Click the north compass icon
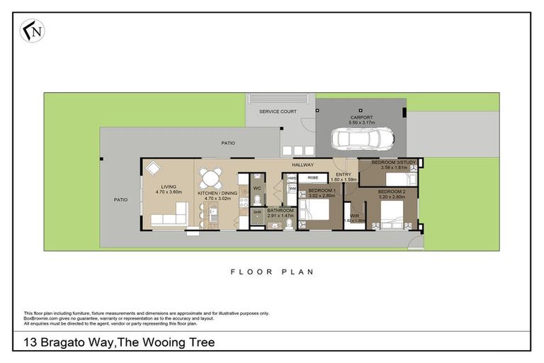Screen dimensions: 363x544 click(x=31, y=30)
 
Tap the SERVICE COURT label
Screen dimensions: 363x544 click(x=278, y=111)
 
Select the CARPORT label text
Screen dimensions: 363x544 click(x=361, y=118)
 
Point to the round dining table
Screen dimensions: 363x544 click(x=210, y=177)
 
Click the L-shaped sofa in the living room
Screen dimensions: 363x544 click(x=170, y=216)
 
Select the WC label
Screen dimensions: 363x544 click(x=257, y=188)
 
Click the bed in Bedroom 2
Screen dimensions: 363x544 click(x=390, y=211)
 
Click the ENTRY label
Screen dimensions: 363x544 click(x=343, y=174)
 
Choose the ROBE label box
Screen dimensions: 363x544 click(x=312, y=179)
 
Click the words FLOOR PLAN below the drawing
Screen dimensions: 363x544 click(x=272, y=272)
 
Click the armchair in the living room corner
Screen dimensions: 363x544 click(x=153, y=169)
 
